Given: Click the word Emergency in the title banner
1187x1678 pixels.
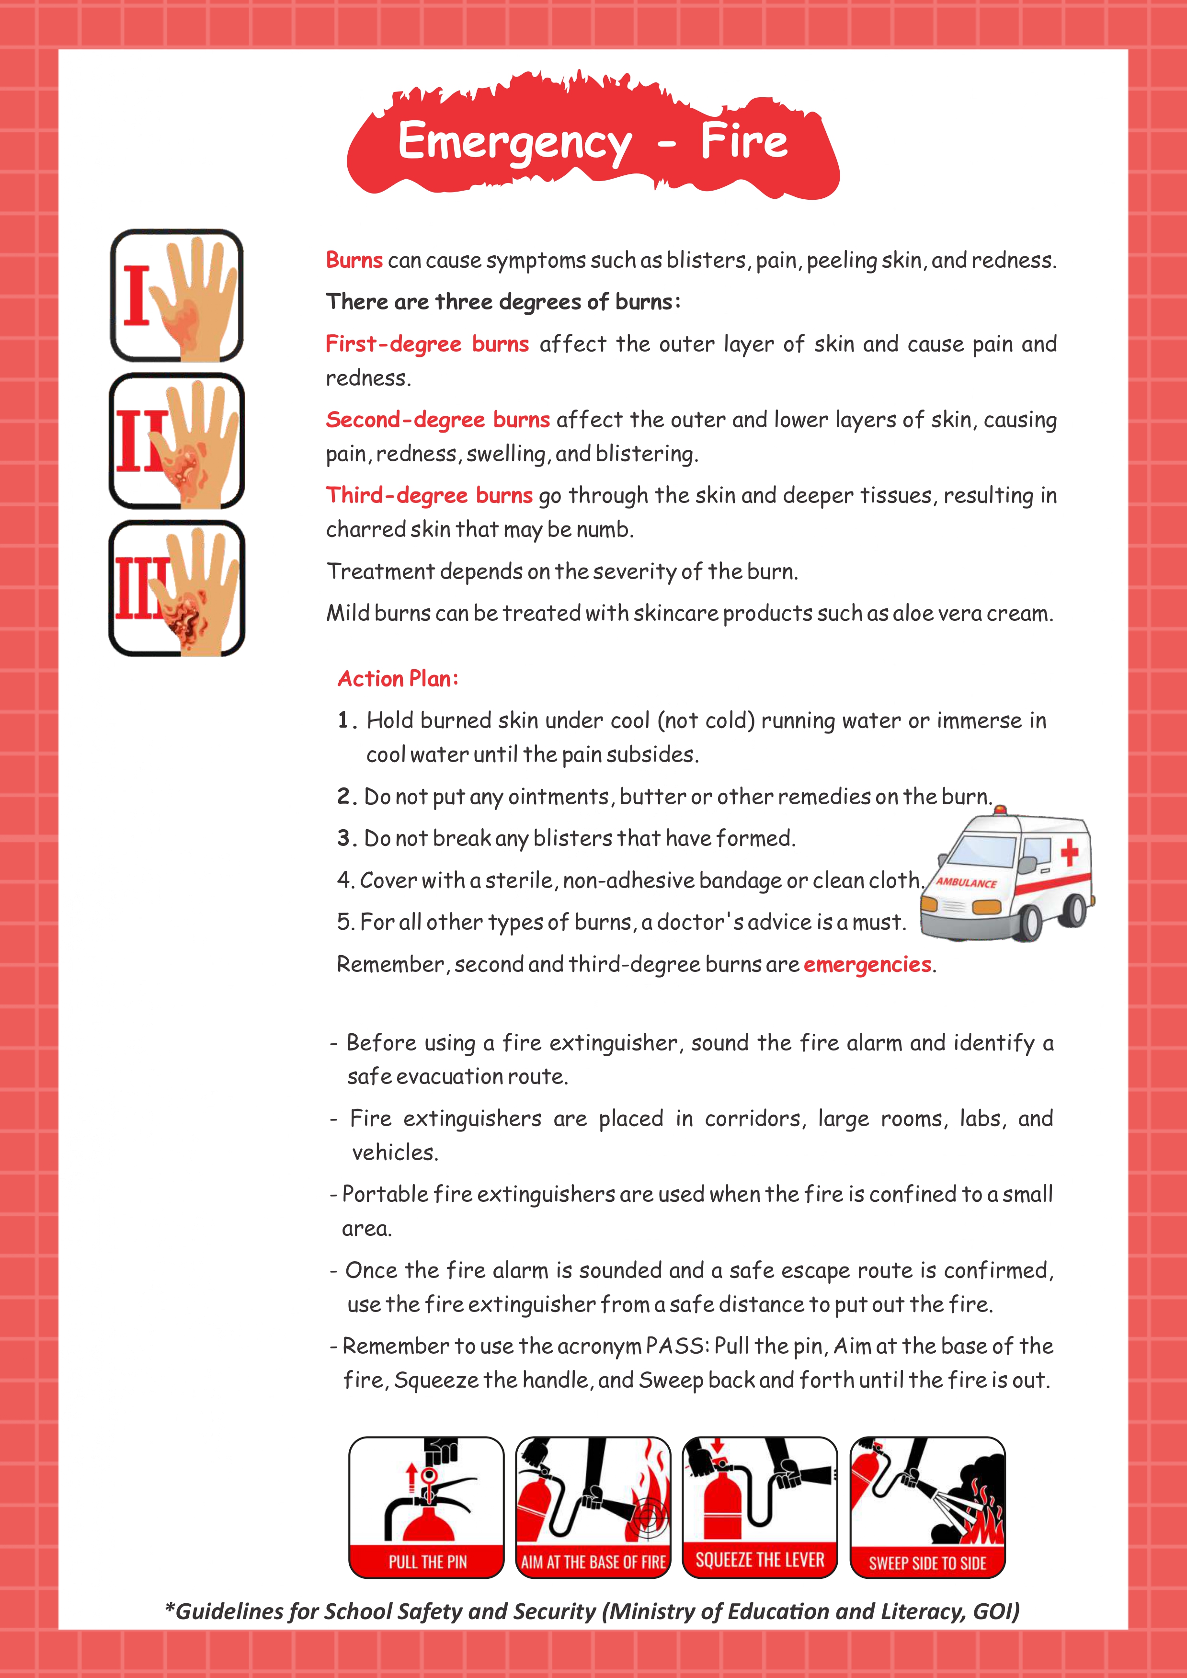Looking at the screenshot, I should (514, 143).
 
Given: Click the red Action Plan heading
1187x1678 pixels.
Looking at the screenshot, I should (398, 679).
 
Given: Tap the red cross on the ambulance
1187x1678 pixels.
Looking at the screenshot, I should (1069, 852).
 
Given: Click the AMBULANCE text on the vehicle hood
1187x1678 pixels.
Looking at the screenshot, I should (966, 882).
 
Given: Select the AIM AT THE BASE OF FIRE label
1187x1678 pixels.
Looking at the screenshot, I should (593, 1563).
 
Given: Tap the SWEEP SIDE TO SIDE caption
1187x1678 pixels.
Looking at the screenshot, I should (927, 1563).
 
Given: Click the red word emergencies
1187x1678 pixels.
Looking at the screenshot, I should (867, 965).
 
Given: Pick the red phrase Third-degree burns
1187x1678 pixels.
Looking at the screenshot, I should (429, 495).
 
